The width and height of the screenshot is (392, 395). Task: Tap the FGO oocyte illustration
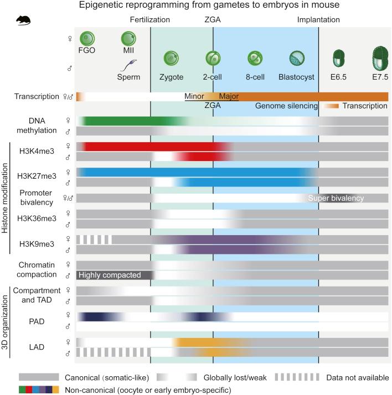87,39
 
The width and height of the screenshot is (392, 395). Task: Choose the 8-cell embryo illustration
255,58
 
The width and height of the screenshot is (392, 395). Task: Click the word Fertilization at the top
150,20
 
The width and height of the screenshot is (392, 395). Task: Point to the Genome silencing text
286,106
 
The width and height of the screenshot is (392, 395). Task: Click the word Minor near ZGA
195,96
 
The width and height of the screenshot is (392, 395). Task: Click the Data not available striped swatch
300,378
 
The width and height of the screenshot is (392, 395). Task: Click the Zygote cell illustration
171,58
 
